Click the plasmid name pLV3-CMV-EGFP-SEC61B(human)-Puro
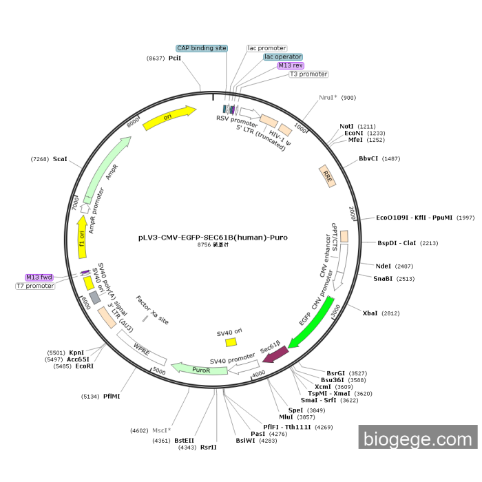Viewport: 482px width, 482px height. point(213,237)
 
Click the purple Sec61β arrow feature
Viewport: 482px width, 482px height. point(275,353)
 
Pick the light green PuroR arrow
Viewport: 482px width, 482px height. point(200,370)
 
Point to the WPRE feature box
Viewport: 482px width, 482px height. point(142,348)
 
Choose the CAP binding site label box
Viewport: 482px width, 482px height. point(201,48)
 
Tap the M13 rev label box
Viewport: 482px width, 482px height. point(291,65)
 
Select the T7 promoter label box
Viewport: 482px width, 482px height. point(35,286)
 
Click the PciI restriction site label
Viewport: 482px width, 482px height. point(175,59)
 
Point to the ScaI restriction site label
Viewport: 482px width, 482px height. point(59,160)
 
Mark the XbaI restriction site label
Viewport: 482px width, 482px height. point(370,313)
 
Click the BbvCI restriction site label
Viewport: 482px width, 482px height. point(369,158)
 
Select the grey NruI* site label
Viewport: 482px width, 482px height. point(328,98)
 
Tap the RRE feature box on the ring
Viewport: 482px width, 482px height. point(328,176)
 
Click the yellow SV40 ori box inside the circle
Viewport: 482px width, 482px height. point(231,342)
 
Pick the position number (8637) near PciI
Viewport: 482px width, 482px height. point(155,59)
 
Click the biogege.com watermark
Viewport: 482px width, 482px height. point(418,438)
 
